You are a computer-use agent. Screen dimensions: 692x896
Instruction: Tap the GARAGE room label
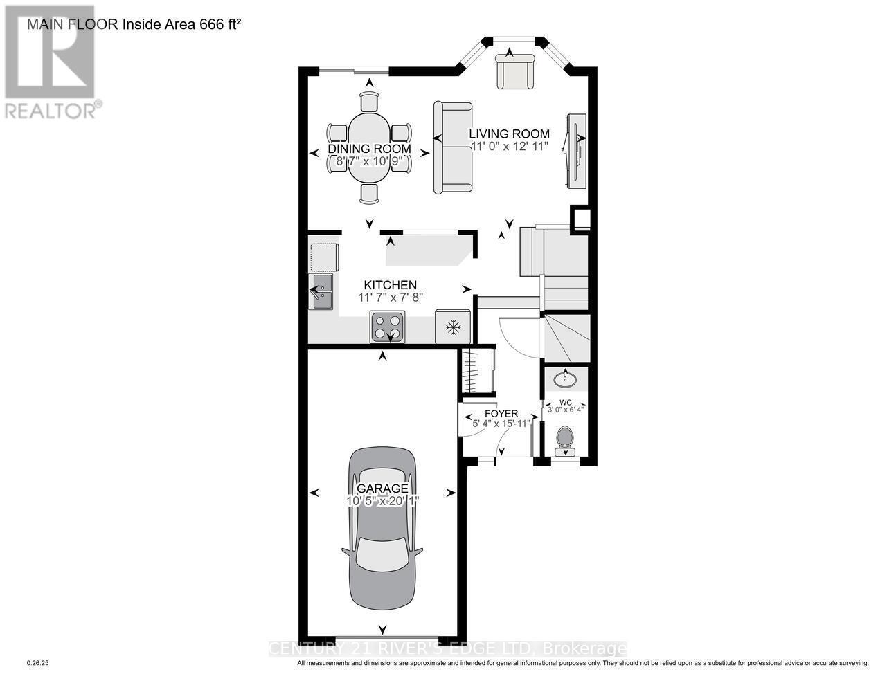tap(382, 488)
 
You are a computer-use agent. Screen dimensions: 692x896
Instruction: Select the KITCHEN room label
tap(391, 284)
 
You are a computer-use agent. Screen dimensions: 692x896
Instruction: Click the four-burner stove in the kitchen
tap(388, 327)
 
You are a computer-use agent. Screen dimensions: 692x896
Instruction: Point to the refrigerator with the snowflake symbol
tap(453, 326)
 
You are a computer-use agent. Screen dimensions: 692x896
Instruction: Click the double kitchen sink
tap(322, 291)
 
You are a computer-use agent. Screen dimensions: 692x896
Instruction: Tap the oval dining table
tap(369, 148)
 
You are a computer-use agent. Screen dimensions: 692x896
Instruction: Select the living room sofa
tap(452, 147)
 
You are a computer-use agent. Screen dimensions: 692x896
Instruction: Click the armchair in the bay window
tap(514, 71)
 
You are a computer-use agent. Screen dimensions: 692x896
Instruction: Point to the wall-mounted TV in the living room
tap(576, 149)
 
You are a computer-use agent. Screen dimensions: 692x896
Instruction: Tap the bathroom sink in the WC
tap(566, 379)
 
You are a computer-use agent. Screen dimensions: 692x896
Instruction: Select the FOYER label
tap(501, 413)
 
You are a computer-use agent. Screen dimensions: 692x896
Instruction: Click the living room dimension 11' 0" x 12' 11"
tap(510, 146)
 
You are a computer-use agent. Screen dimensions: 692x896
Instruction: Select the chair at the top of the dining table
tap(369, 101)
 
